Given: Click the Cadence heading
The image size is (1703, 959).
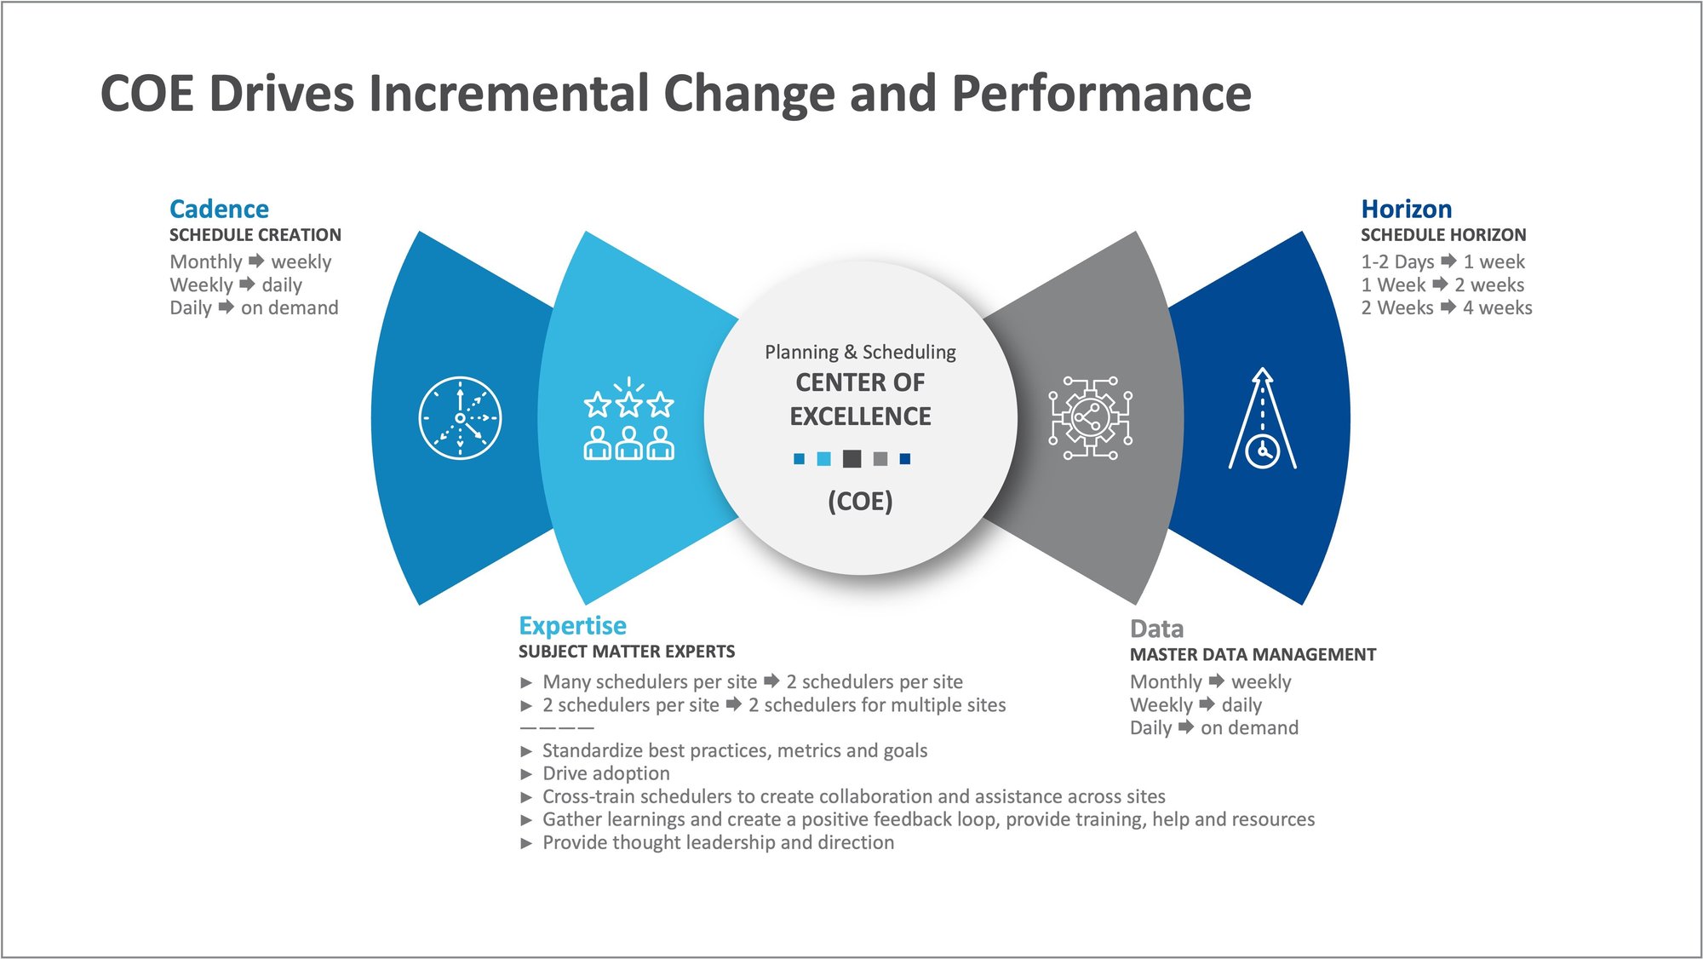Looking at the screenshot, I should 219,209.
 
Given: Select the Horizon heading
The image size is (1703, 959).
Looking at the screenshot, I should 1406,209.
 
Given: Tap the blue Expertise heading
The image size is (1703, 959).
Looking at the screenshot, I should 572,625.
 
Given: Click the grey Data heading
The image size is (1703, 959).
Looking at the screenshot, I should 1156,629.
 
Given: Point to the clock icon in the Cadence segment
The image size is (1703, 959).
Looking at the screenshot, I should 460,417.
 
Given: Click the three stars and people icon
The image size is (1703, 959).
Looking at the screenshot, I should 628,419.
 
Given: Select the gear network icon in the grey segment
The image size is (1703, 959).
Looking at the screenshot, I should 1090,418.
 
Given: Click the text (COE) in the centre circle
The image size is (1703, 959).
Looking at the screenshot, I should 860,501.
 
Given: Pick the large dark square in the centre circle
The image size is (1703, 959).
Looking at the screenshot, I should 851,459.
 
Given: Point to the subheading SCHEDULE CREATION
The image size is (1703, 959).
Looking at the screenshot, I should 255,235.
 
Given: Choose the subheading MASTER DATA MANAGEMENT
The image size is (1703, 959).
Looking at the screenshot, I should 1253,654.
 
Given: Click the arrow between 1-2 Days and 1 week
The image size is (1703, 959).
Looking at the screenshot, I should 1448,261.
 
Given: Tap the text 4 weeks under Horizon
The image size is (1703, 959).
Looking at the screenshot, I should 1497,307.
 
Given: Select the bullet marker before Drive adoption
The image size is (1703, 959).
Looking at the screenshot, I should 526,774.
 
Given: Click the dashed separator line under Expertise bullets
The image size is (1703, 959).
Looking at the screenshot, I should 557,728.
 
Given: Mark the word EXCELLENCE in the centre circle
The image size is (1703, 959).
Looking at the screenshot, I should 860,416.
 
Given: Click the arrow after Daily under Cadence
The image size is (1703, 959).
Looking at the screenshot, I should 226,307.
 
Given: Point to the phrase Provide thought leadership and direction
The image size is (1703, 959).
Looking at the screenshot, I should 718,842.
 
